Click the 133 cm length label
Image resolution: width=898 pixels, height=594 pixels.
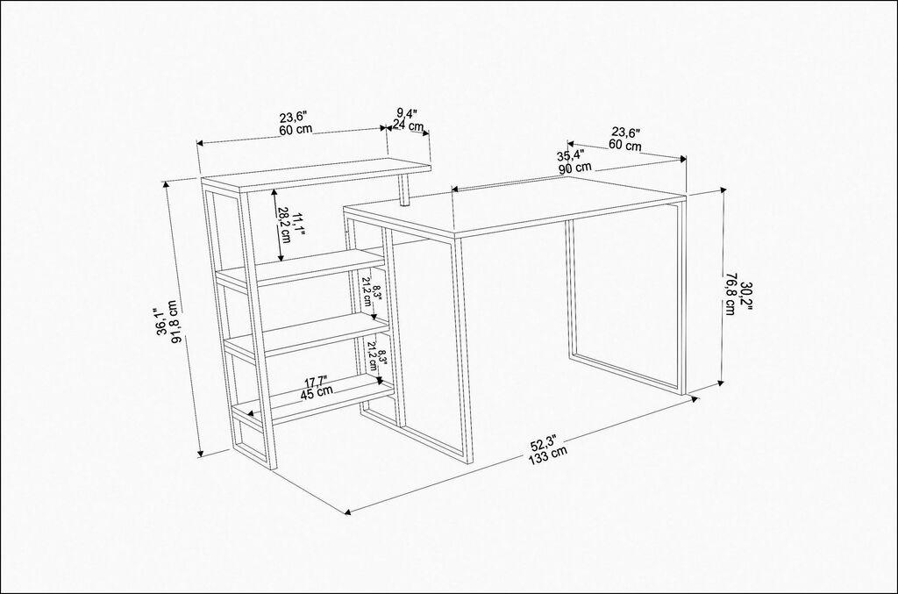(548, 452)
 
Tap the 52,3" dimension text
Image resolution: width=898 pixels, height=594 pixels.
(544, 440)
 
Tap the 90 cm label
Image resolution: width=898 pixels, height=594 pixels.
(574, 167)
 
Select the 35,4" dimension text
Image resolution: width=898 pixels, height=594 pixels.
(570, 155)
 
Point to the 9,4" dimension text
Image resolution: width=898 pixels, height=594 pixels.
(406, 113)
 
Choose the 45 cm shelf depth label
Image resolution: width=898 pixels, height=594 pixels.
(317, 391)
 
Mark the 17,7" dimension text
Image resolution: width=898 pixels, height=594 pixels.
(317, 380)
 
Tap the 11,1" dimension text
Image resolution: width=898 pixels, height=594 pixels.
(299, 224)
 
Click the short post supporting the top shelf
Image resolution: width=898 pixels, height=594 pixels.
(404, 190)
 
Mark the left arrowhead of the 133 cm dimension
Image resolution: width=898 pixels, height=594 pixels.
(349, 510)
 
